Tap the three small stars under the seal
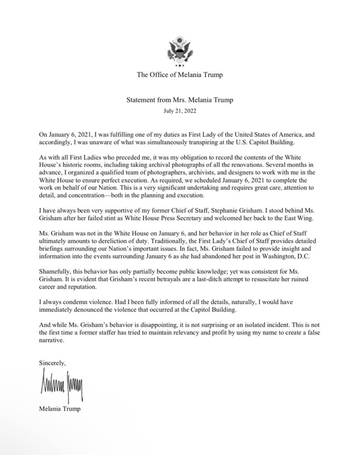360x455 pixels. [180, 66]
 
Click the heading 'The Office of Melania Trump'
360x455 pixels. [180, 75]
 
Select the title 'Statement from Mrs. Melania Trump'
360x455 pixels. [180, 100]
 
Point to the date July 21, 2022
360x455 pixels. [180, 111]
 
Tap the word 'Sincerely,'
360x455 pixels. [52, 363]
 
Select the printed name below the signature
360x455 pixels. [60, 409]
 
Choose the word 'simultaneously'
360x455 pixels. [170, 142]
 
